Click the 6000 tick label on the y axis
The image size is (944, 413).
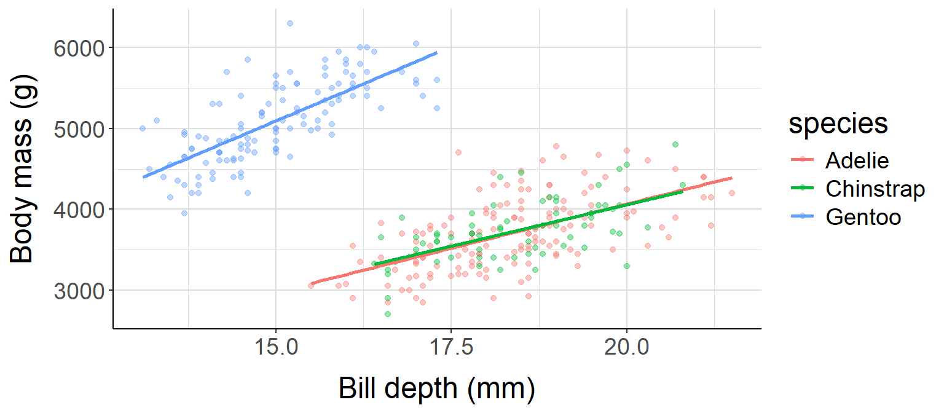point(79,48)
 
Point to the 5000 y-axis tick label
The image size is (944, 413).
point(79,129)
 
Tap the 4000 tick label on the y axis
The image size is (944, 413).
point(79,210)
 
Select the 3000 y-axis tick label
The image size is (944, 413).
point(79,291)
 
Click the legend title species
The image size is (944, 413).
point(838,124)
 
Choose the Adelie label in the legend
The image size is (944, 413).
point(857,161)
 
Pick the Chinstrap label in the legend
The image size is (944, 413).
point(875,189)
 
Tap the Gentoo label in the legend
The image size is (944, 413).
point(863,217)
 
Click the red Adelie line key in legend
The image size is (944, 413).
point(803,161)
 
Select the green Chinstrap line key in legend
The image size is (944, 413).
point(803,189)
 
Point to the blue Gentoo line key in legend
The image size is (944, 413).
point(803,217)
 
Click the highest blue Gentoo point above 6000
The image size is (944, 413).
point(289,23)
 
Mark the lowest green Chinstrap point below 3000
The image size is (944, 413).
point(388,314)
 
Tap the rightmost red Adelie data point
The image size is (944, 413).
point(731,193)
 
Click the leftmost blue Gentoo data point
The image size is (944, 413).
point(142,128)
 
